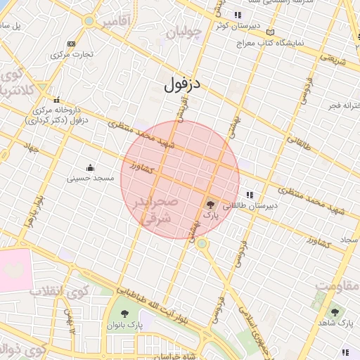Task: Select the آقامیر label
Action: pyautogui.click(x=116, y=22)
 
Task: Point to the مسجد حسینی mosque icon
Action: pyautogui.click(x=90, y=167)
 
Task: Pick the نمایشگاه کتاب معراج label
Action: pyautogui.click(x=288, y=43)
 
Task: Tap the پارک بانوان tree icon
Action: pyautogui.click(x=125, y=314)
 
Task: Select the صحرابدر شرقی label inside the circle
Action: pyautogui.click(x=152, y=210)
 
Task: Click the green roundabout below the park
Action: pyautogui.click(x=202, y=243)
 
